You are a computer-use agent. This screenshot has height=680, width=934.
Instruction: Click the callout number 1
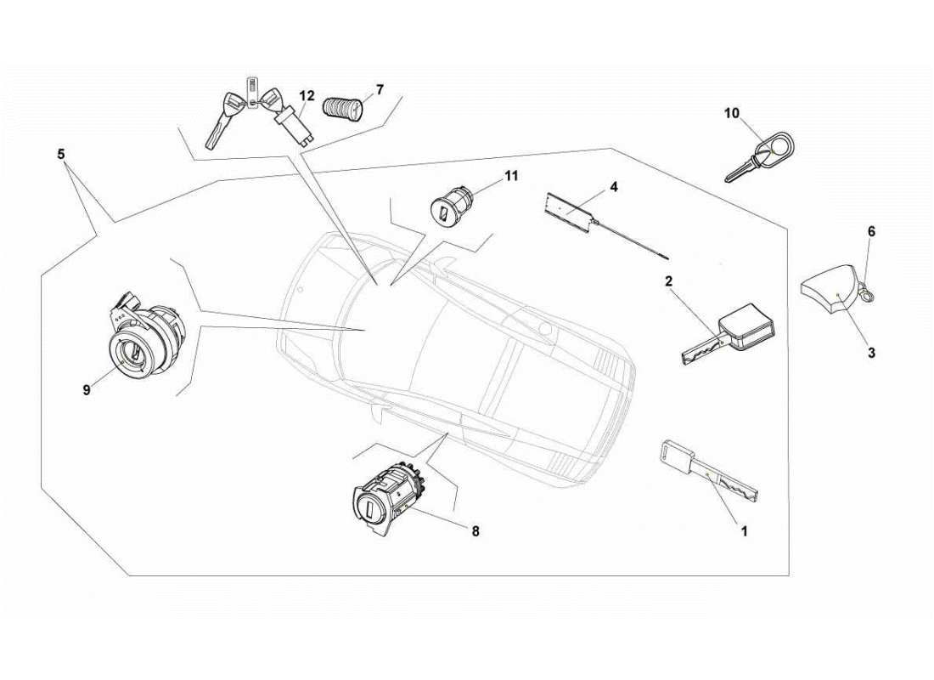pos(745,532)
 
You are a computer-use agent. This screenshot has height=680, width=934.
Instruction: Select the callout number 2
pos(669,281)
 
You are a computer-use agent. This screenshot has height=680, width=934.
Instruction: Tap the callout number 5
pos(60,155)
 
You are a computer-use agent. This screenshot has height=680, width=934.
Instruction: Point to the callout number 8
pos(475,531)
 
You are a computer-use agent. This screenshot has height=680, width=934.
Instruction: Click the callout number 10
pos(732,113)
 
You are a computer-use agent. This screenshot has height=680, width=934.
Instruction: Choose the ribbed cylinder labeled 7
pos(344,108)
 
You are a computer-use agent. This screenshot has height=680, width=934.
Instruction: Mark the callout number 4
pos(613,186)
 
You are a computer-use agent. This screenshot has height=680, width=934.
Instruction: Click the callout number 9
pos(87,390)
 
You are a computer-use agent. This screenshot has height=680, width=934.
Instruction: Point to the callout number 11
pos(510,176)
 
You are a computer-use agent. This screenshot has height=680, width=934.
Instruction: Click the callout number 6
pos(871,231)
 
